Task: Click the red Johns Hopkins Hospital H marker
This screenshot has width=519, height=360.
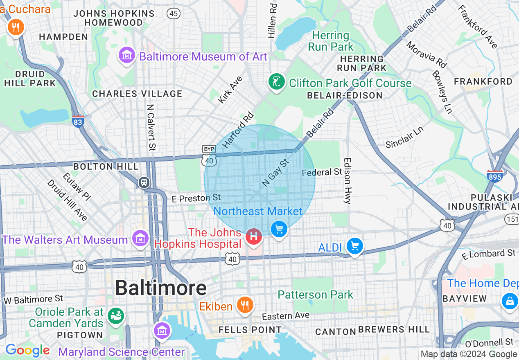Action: (254, 236)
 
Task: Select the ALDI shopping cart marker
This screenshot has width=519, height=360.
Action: (354, 246)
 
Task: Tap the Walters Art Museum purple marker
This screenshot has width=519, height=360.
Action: (140, 238)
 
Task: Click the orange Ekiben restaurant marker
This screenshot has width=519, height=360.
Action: (245, 305)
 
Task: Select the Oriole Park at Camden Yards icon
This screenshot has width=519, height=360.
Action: (116, 316)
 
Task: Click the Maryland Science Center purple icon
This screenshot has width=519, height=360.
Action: (162, 330)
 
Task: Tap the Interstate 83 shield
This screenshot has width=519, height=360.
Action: (78, 122)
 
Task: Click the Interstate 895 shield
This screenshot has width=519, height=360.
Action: (494, 176)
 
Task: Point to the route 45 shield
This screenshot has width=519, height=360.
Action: (174, 13)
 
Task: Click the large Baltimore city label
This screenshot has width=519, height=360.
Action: (160, 288)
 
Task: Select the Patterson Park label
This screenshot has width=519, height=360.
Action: (315, 295)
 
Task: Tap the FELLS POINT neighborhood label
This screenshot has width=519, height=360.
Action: (250, 330)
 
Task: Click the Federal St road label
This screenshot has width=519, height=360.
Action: (321, 172)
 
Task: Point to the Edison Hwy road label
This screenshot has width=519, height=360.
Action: (348, 181)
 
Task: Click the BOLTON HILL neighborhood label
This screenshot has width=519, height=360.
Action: (106, 166)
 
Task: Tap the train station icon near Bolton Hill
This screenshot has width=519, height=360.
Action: (144, 182)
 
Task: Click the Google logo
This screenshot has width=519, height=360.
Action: (28, 351)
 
